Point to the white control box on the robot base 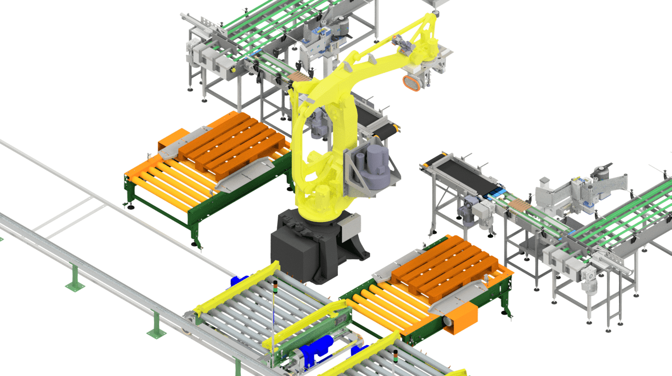[x=350, y=226]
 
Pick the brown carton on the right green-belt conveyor [x=520, y=206]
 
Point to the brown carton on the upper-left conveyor [x=299, y=77]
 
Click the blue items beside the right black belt [x=495, y=194]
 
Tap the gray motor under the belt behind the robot [x=319, y=125]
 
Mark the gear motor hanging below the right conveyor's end [x=590, y=282]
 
